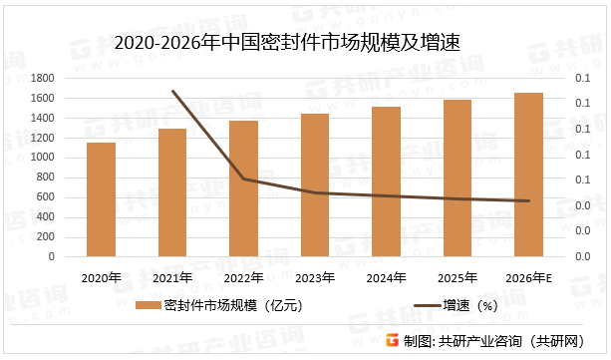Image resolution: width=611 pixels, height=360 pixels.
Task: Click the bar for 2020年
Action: (x=101, y=199)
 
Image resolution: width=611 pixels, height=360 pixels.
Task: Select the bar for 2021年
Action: (x=172, y=192)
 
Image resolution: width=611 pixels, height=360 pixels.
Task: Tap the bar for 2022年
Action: (x=243, y=188)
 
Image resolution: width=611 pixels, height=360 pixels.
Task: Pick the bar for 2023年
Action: (x=315, y=185)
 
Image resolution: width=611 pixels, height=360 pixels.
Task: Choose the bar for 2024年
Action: (x=386, y=181)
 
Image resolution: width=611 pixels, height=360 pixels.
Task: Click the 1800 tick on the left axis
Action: (x=43, y=78)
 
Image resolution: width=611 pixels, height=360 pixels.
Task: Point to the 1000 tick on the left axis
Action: (x=43, y=158)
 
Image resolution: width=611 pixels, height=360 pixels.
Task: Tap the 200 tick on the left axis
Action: (x=46, y=236)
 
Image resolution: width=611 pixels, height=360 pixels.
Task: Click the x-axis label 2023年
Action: (x=315, y=277)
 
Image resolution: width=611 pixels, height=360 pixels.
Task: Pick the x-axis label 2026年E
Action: (x=528, y=277)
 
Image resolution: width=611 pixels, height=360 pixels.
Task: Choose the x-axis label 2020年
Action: (x=101, y=277)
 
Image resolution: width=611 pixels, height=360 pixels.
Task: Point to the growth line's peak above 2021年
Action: (x=172, y=91)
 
